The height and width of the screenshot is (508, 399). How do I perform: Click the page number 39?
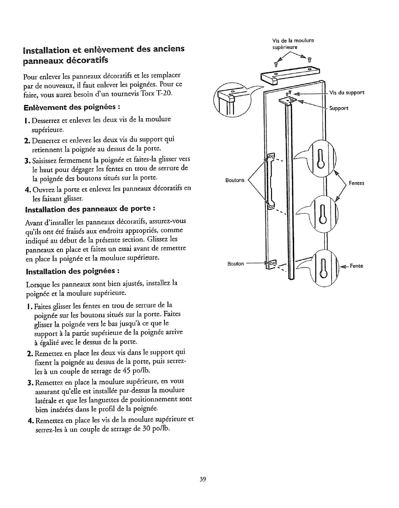point(202,479)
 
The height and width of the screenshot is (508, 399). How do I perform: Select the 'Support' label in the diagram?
point(339,108)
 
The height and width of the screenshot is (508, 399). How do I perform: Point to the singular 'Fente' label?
point(356,266)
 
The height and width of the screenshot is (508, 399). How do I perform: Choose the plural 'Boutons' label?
point(235,180)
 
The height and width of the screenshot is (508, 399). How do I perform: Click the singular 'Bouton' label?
point(236,264)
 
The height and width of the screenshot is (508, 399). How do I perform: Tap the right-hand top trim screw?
point(310,60)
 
